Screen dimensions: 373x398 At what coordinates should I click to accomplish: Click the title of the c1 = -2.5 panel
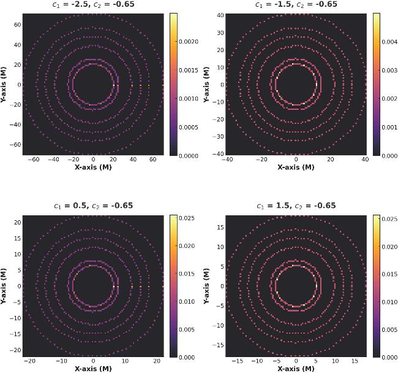[92, 4]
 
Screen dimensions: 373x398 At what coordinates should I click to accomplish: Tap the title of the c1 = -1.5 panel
[296, 4]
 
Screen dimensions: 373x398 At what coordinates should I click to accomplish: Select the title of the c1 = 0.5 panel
[92, 206]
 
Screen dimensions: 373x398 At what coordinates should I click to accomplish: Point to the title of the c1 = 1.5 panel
[296, 206]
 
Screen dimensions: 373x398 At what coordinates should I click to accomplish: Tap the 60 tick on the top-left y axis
[18, 25]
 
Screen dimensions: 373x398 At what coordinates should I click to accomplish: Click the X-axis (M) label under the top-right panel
[296, 166]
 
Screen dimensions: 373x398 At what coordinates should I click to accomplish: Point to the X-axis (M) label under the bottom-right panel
[296, 369]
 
